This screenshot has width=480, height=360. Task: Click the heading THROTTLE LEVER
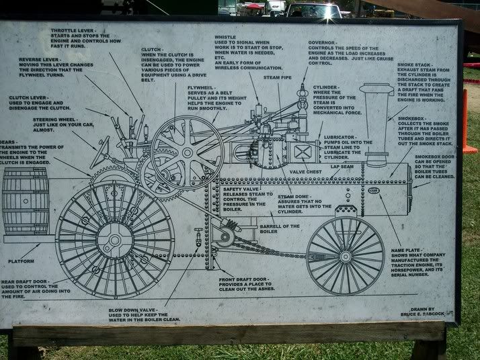(72, 31)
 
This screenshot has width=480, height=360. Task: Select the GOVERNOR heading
(323, 42)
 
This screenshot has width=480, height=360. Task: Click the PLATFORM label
(22, 261)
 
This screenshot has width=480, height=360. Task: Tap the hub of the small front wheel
(346, 255)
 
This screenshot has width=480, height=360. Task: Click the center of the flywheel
(188, 152)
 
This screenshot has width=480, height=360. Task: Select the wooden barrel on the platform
(26, 201)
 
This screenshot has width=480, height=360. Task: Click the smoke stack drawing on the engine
(376, 124)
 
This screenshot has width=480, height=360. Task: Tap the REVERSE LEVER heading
(38, 59)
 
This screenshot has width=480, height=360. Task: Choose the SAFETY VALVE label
(241, 189)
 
